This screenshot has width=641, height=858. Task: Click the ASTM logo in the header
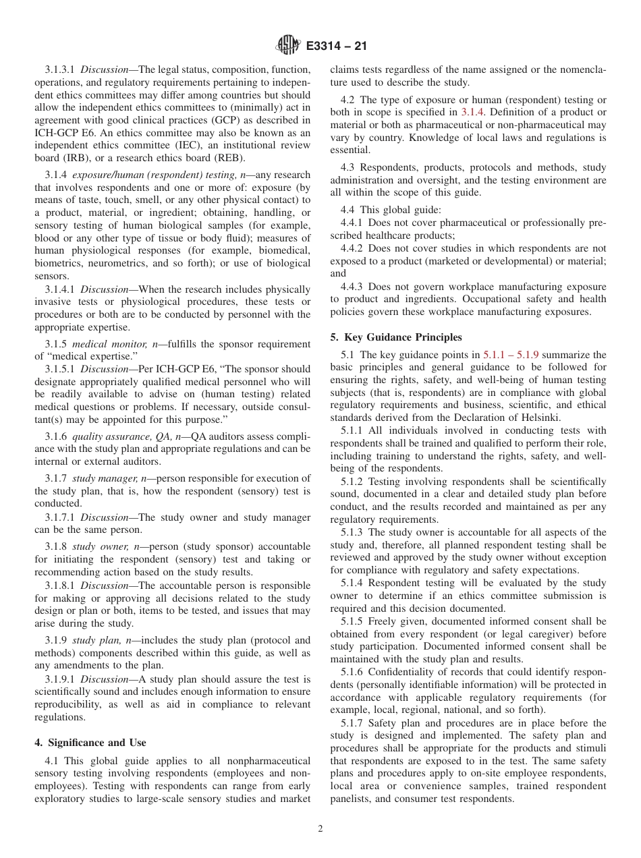tap(289, 47)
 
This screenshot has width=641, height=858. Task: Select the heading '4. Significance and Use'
tap(90, 743)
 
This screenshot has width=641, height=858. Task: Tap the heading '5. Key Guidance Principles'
tap(396, 337)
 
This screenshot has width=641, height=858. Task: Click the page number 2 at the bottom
tap(320, 830)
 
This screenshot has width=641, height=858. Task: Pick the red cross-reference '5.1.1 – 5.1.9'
tap(511, 354)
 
